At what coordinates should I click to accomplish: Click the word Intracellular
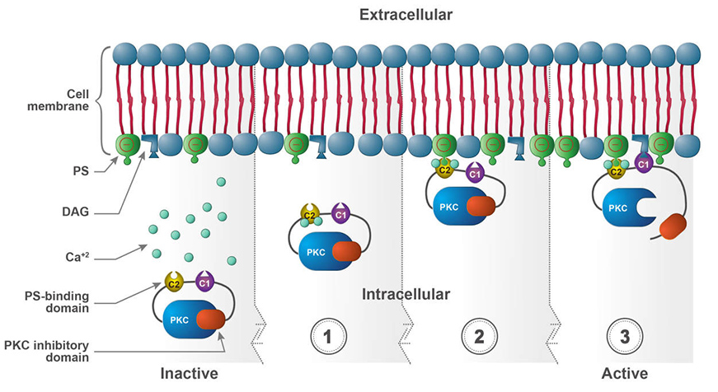pyautogui.click(x=406, y=294)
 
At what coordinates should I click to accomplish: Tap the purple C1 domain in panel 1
pyautogui.click(x=341, y=213)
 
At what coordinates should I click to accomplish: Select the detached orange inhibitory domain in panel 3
pyautogui.click(x=674, y=226)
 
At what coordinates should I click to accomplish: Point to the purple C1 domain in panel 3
pyautogui.click(x=644, y=162)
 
